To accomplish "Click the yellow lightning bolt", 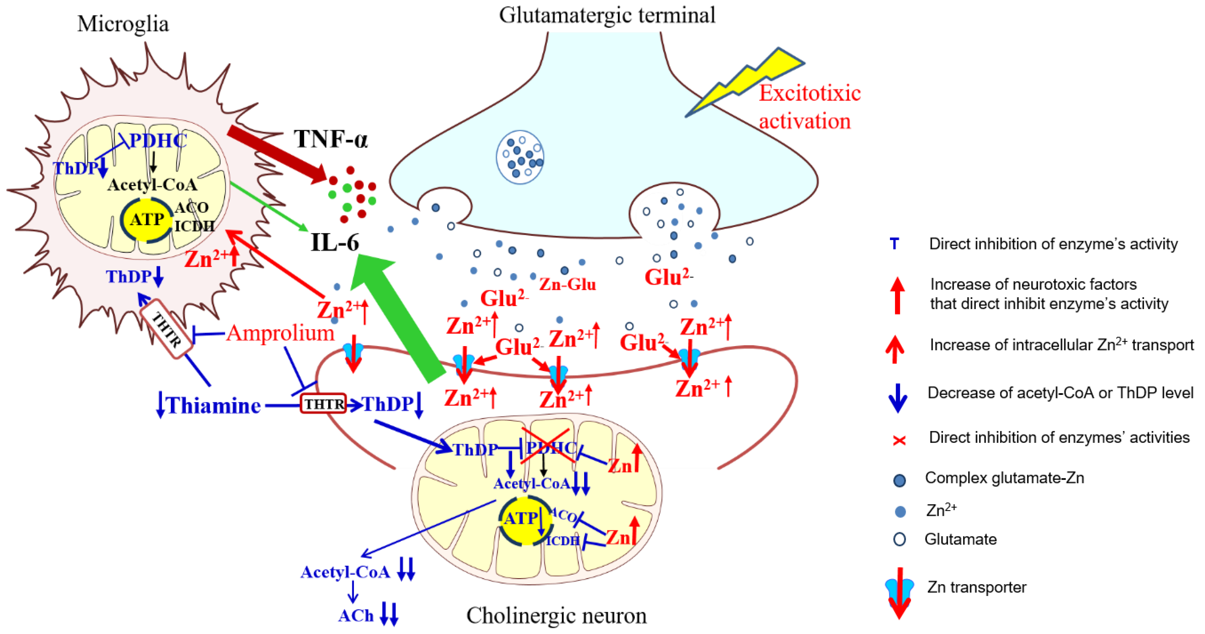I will [x=749, y=79].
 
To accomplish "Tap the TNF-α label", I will [x=330, y=139].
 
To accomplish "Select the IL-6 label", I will [x=335, y=242].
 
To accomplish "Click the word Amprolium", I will [x=280, y=333].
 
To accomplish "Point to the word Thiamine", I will [x=214, y=405].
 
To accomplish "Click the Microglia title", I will [x=123, y=23].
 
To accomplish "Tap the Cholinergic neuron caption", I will [x=556, y=615].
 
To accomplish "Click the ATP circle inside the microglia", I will [x=147, y=219].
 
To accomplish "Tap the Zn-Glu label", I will [x=567, y=284].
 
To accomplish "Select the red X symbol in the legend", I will [x=899, y=440].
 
